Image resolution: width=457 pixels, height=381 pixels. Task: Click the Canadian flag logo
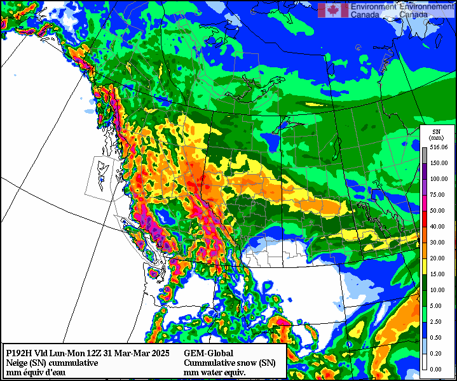coord(333,10)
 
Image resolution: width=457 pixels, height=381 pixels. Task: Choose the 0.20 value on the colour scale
coord(437,353)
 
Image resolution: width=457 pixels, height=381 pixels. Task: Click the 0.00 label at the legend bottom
coord(437,369)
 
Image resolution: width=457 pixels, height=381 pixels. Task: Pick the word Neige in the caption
coord(17,363)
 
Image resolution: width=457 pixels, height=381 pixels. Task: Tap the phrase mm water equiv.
coord(214,372)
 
